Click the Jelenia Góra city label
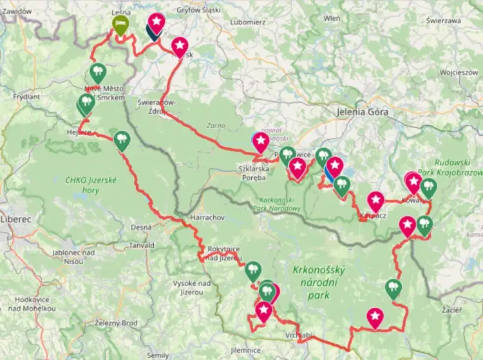(x=364, y=111)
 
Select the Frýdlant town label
(x=26, y=97)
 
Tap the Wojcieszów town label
(x=459, y=73)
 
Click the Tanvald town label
(x=141, y=245)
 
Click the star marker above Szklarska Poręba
(x=260, y=141)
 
